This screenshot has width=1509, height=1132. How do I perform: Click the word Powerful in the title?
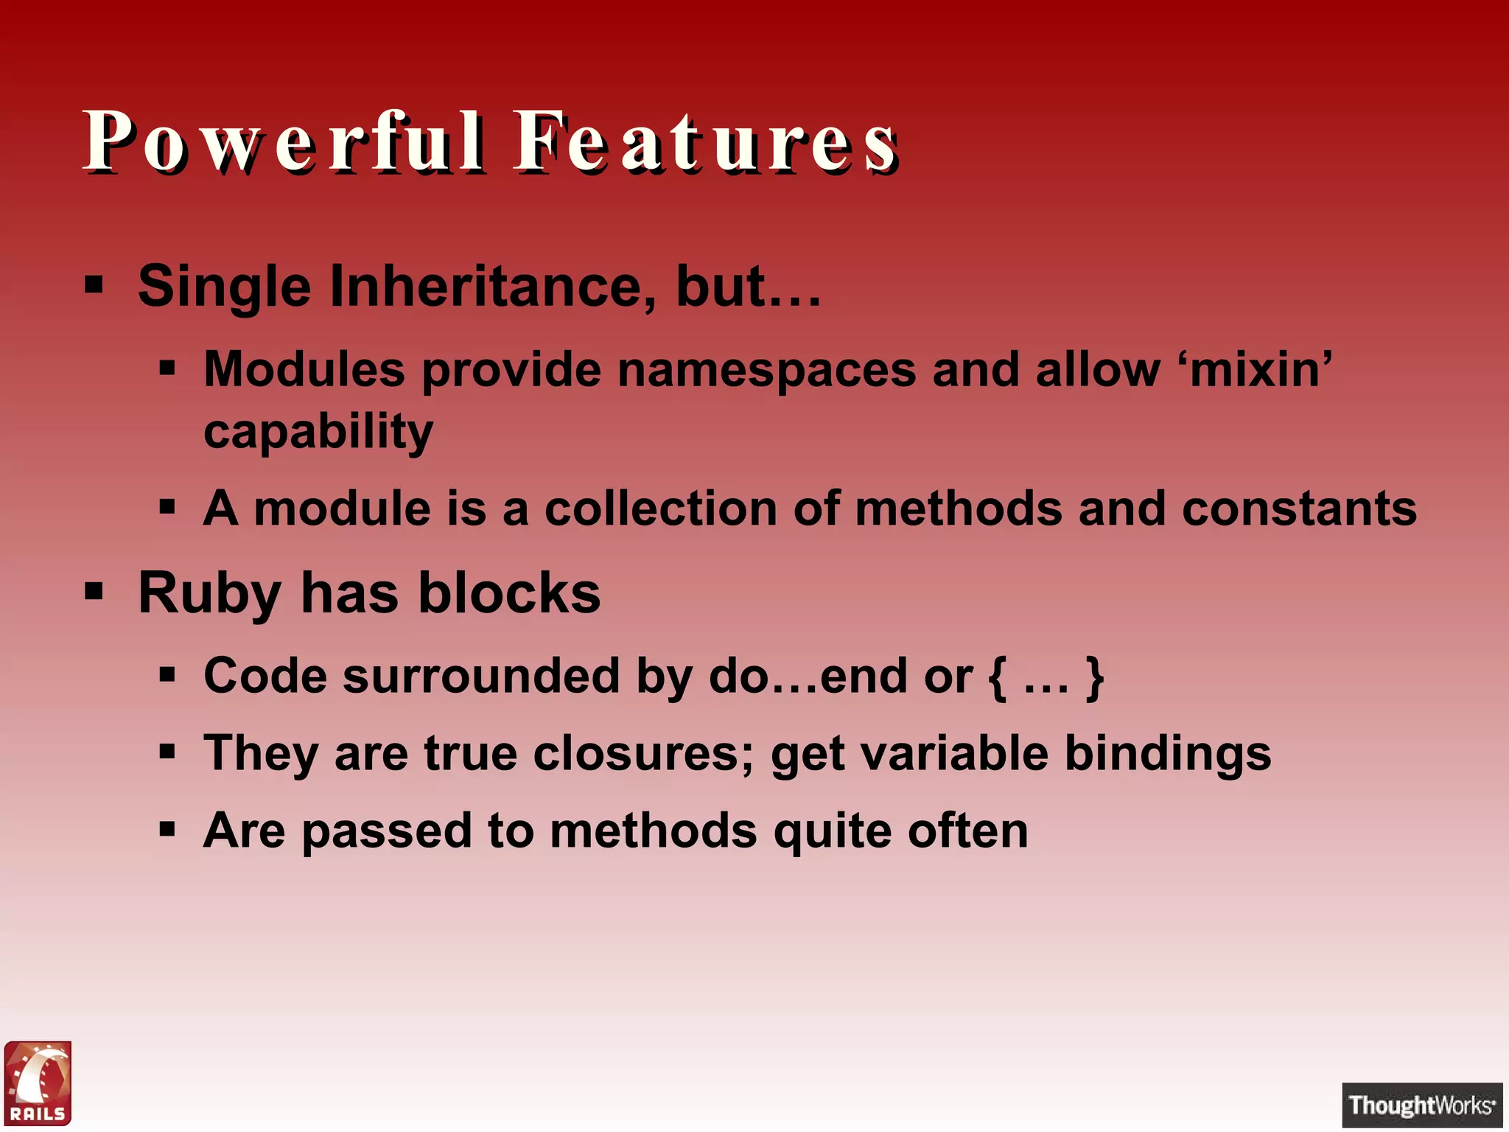[284, 141]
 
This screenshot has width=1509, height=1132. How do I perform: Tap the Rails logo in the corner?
[38, 1083]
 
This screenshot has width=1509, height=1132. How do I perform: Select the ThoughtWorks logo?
[1421, 1105]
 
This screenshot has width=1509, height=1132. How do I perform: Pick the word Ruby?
[209, 594]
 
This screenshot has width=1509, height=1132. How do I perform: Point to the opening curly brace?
[997, 677]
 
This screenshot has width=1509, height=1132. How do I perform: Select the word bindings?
[1168, 755]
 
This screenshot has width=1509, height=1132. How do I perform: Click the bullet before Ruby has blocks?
[94, 591]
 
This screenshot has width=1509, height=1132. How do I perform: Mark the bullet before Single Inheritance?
[94, 284]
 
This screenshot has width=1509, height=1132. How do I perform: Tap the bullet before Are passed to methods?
[167, 831]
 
